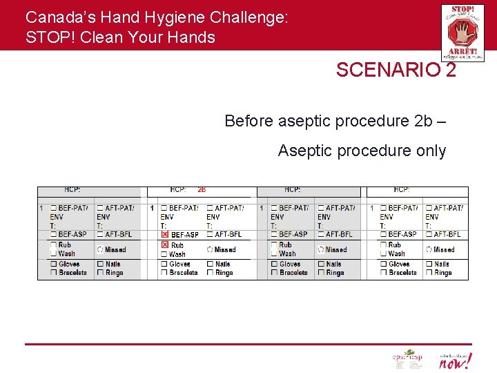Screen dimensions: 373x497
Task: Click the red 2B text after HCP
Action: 202,189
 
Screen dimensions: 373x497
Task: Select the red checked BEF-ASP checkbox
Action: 164,235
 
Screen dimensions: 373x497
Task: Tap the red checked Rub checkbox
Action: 164,245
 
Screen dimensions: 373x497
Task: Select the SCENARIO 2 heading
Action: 396,70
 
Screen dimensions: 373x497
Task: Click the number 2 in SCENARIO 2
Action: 451,70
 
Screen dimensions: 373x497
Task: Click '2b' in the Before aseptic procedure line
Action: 422,121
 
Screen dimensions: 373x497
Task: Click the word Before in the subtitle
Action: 249,121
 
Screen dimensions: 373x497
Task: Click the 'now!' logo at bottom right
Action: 456,361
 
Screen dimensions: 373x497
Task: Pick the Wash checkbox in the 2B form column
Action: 164,254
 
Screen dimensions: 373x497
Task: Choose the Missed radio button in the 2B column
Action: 210,249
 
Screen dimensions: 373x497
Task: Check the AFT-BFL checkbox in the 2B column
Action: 210,235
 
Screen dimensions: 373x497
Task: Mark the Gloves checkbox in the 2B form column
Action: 164,264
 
